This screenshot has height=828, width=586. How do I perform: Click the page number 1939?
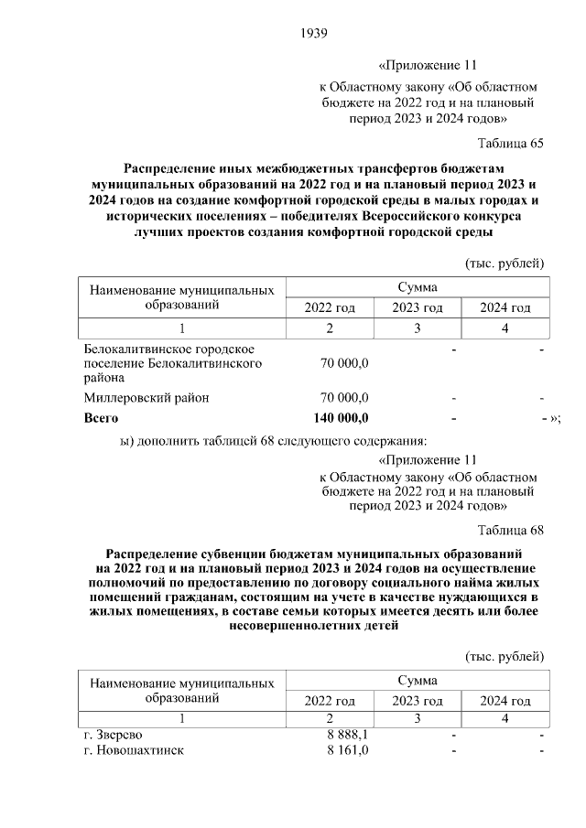click(x=314, y=34)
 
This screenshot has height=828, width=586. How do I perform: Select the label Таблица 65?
click(x=511, y=144)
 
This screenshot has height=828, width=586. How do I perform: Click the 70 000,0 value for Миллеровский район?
click(x=344, y=398)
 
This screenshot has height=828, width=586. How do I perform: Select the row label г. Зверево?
click(x=113, y=735)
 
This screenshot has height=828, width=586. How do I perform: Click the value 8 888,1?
click(x=347, y=735)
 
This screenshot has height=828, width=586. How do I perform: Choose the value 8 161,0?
click(x=347, y=750)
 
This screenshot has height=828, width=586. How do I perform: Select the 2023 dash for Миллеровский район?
click(x=453, y=398)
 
